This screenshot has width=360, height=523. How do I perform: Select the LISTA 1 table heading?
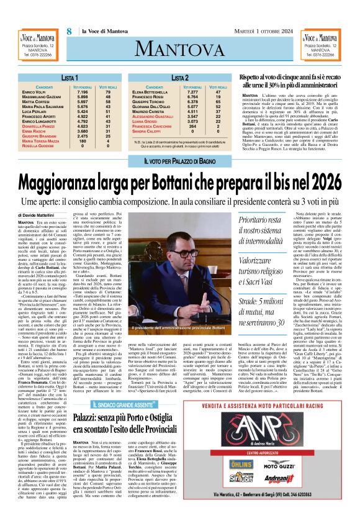click(x=60, y=78)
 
